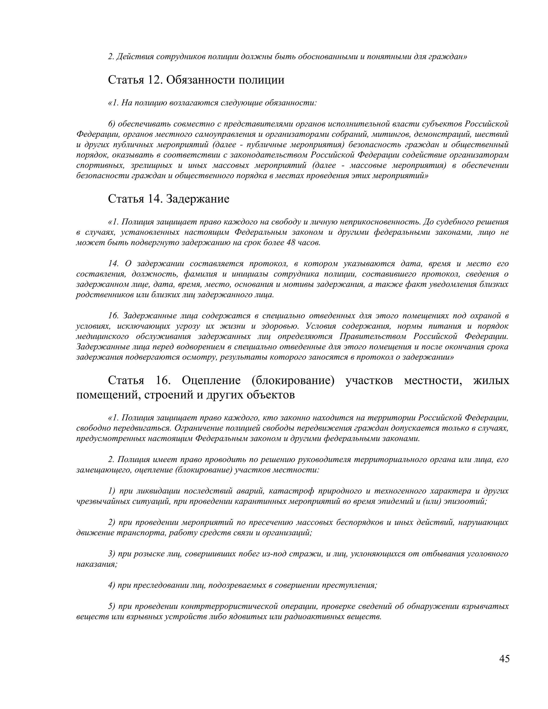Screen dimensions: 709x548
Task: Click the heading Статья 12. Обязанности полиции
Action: tap(196, 79)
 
